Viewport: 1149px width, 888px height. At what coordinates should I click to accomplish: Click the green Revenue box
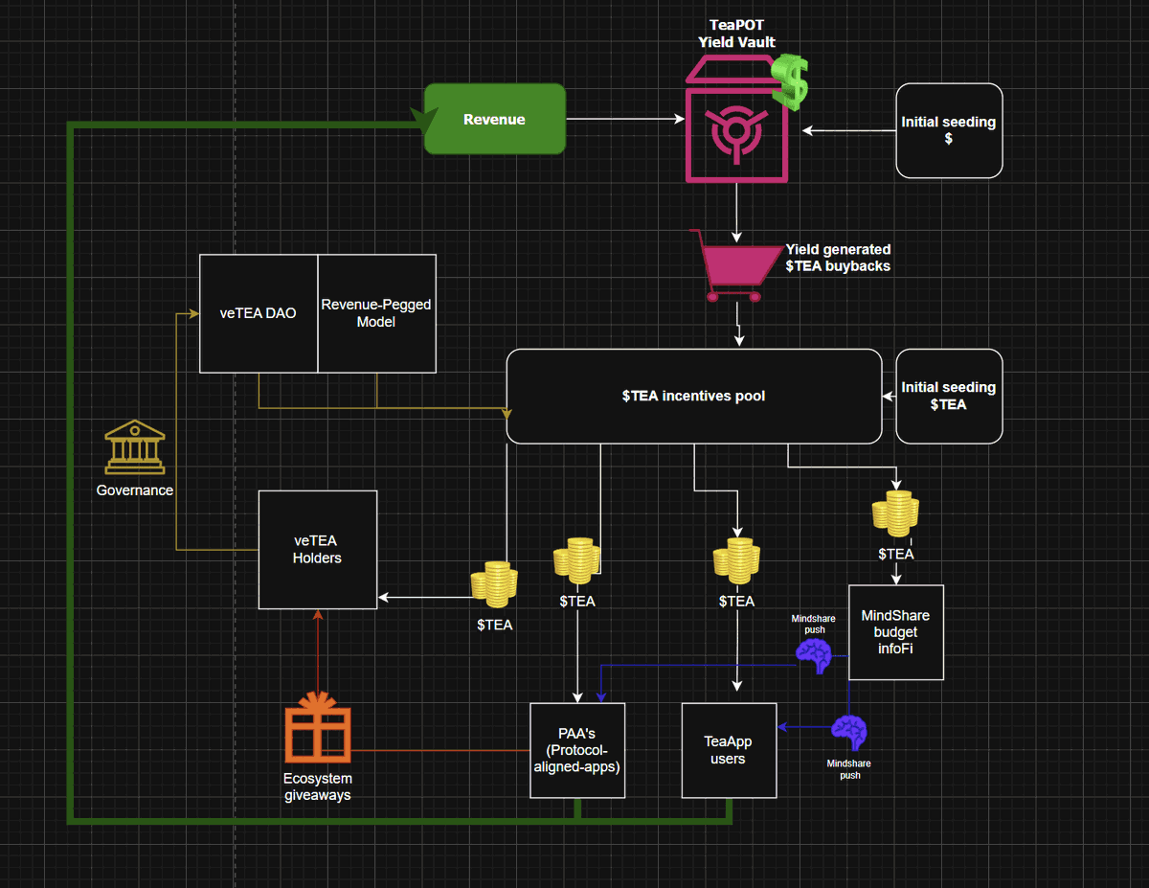coord(495,120)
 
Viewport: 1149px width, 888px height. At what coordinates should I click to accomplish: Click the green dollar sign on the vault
coord(792,80)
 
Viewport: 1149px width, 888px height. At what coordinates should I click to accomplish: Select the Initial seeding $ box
coord(949,130)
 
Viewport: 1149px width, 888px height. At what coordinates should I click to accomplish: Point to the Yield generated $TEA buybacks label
coord(838,258)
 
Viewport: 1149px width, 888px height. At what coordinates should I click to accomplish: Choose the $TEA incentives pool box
coord(693,396)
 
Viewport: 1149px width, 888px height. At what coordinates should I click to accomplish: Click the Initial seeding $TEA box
coord(949,396)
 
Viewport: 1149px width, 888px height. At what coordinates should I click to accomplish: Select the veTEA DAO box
coord(258,313)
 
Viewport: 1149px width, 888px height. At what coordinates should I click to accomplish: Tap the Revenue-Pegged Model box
coord(376,313)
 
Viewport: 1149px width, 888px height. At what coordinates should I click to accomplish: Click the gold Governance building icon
coord(134,447)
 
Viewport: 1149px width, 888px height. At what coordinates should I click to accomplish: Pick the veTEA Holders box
coord(317,549)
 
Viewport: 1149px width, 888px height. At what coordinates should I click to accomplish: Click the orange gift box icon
coord(318,729)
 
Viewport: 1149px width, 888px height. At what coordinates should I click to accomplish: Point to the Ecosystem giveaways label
coord(317,786)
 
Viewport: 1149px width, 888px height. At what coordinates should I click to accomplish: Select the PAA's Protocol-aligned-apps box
coord(577,750)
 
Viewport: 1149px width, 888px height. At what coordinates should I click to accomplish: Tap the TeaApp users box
coord(728,750)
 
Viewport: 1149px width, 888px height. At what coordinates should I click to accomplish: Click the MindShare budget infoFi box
coord(895,632)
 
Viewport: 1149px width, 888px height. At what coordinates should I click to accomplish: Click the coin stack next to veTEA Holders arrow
coord(494,584)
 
